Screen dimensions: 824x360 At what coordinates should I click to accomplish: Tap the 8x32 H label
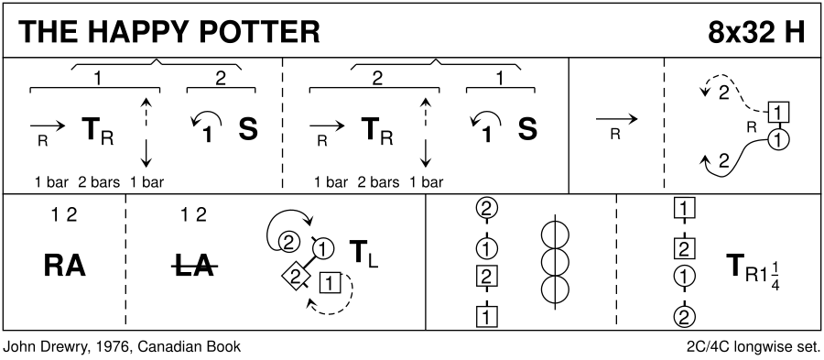[x=755, y=33]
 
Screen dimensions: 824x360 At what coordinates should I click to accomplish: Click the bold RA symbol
[x=64, y=267]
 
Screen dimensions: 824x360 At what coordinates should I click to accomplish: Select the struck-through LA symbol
[x=194, y=267]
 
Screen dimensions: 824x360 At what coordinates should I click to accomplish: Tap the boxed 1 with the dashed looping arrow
[x=330, y=284]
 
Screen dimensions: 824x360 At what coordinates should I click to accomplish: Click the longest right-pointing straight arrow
[x=617, y=119]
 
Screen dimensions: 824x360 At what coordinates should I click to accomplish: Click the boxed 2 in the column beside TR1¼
[x=684, y=248]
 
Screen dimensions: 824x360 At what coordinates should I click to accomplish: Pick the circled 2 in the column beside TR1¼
[x=684, y=316]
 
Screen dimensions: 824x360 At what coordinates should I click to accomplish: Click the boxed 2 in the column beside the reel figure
[x=487, y=276]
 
